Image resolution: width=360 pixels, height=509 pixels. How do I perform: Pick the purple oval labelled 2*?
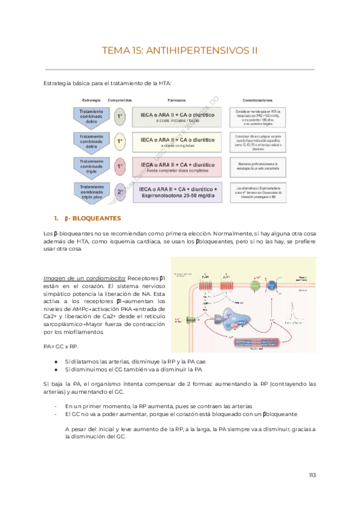tap(120, 191)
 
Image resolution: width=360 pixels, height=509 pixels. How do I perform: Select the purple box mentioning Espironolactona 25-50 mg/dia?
tap(178, 192)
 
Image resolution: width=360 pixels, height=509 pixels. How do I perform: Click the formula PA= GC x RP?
tap(61, 346)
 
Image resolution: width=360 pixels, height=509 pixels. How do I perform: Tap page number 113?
tap(311, 475)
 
